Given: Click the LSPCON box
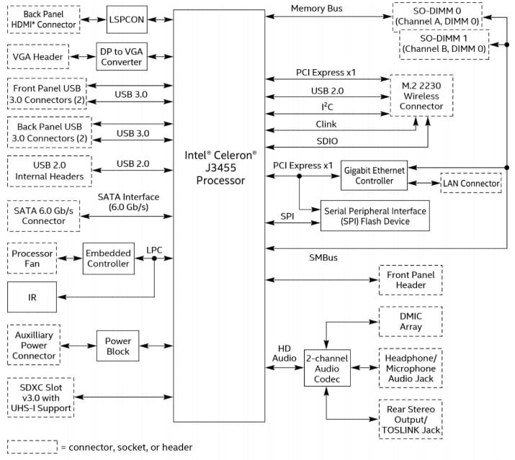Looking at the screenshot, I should pos(127,19).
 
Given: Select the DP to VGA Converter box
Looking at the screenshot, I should pos(120,56).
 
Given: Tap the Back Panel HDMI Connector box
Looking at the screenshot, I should pos(42,19).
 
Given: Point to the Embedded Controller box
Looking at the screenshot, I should pos(108,258).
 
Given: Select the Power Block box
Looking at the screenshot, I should pos(117,347).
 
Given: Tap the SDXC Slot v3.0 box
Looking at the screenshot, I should pos(41,397).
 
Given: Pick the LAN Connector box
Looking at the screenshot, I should pos(470,184).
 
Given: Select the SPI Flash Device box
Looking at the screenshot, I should pos(375,216).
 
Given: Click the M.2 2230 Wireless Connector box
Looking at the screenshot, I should pos(421,96).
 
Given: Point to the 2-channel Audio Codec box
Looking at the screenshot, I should pos(327,368).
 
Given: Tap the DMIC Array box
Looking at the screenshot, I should pos(410,321).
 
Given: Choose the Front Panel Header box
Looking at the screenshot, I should pos(410,279).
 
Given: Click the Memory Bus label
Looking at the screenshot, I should pos(316,9).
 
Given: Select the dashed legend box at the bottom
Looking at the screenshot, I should pos(32,446).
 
